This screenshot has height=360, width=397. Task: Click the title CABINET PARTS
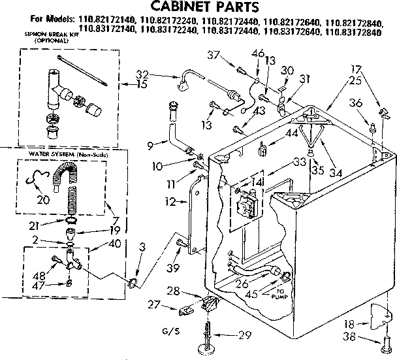tap(198, 8)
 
